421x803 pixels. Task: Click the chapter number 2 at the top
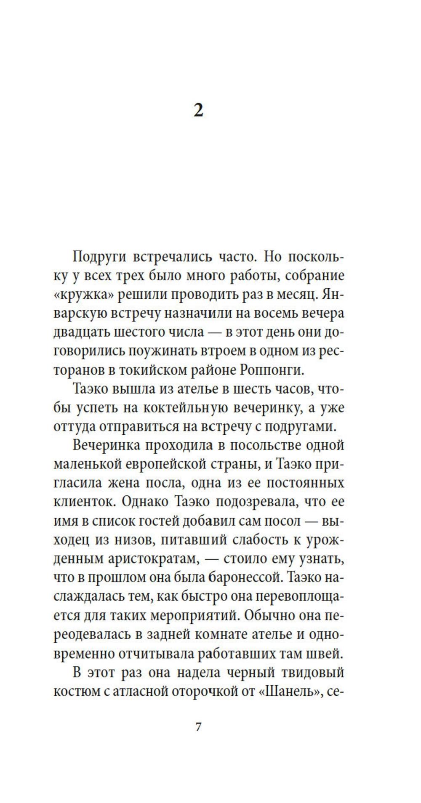[198, 110]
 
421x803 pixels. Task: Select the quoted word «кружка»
[84, 295]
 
